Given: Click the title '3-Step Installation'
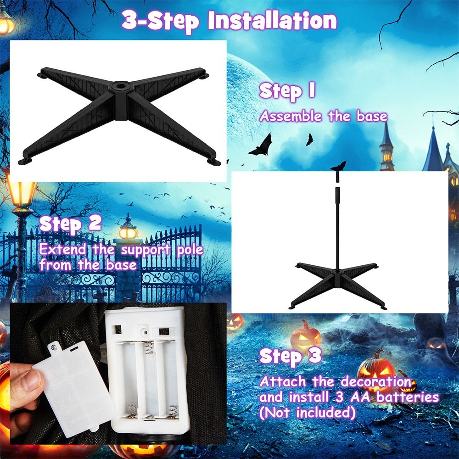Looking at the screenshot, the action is [x=229, y=21].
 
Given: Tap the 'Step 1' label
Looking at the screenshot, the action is [x=287, y=91].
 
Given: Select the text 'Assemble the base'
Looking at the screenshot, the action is [x=324, y=116].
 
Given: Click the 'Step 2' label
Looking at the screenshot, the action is [x=70, y=224].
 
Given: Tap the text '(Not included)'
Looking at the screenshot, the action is [x=308, y=413].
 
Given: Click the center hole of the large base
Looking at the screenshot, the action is [x=120, y=86].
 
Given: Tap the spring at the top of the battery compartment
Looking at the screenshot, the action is [x=149, y=347].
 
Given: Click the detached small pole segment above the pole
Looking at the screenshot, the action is [x=337, y=176].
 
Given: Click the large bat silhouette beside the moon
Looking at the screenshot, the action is [x=261, y=146].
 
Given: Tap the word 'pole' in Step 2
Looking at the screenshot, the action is [x=190, y=250].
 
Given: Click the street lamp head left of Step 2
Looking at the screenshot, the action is [x=21, y=193].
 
